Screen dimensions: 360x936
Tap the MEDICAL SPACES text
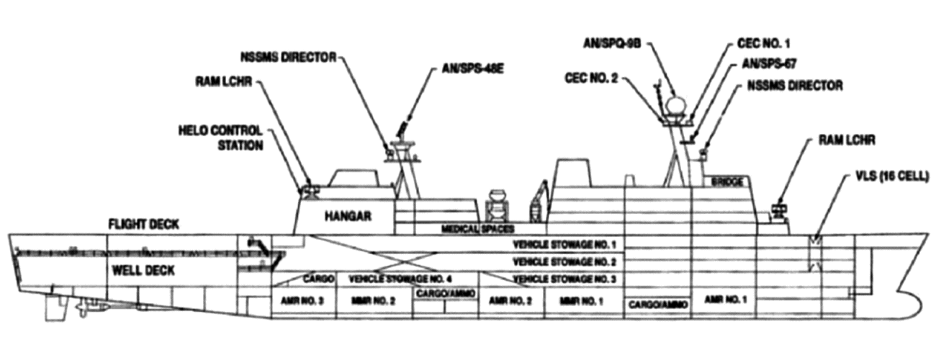(477, 229)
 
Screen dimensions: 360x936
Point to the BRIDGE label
(727, 183)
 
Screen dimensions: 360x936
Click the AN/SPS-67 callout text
(768, 63)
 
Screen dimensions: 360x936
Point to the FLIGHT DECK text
(143, 225)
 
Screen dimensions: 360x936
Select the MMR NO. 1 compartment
(581, 300)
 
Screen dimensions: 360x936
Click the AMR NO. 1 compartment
(722, 299)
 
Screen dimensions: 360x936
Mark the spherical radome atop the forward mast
(675, 106)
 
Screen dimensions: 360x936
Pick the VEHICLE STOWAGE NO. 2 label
(564, 261)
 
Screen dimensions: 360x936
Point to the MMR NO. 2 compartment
(374, 300)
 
